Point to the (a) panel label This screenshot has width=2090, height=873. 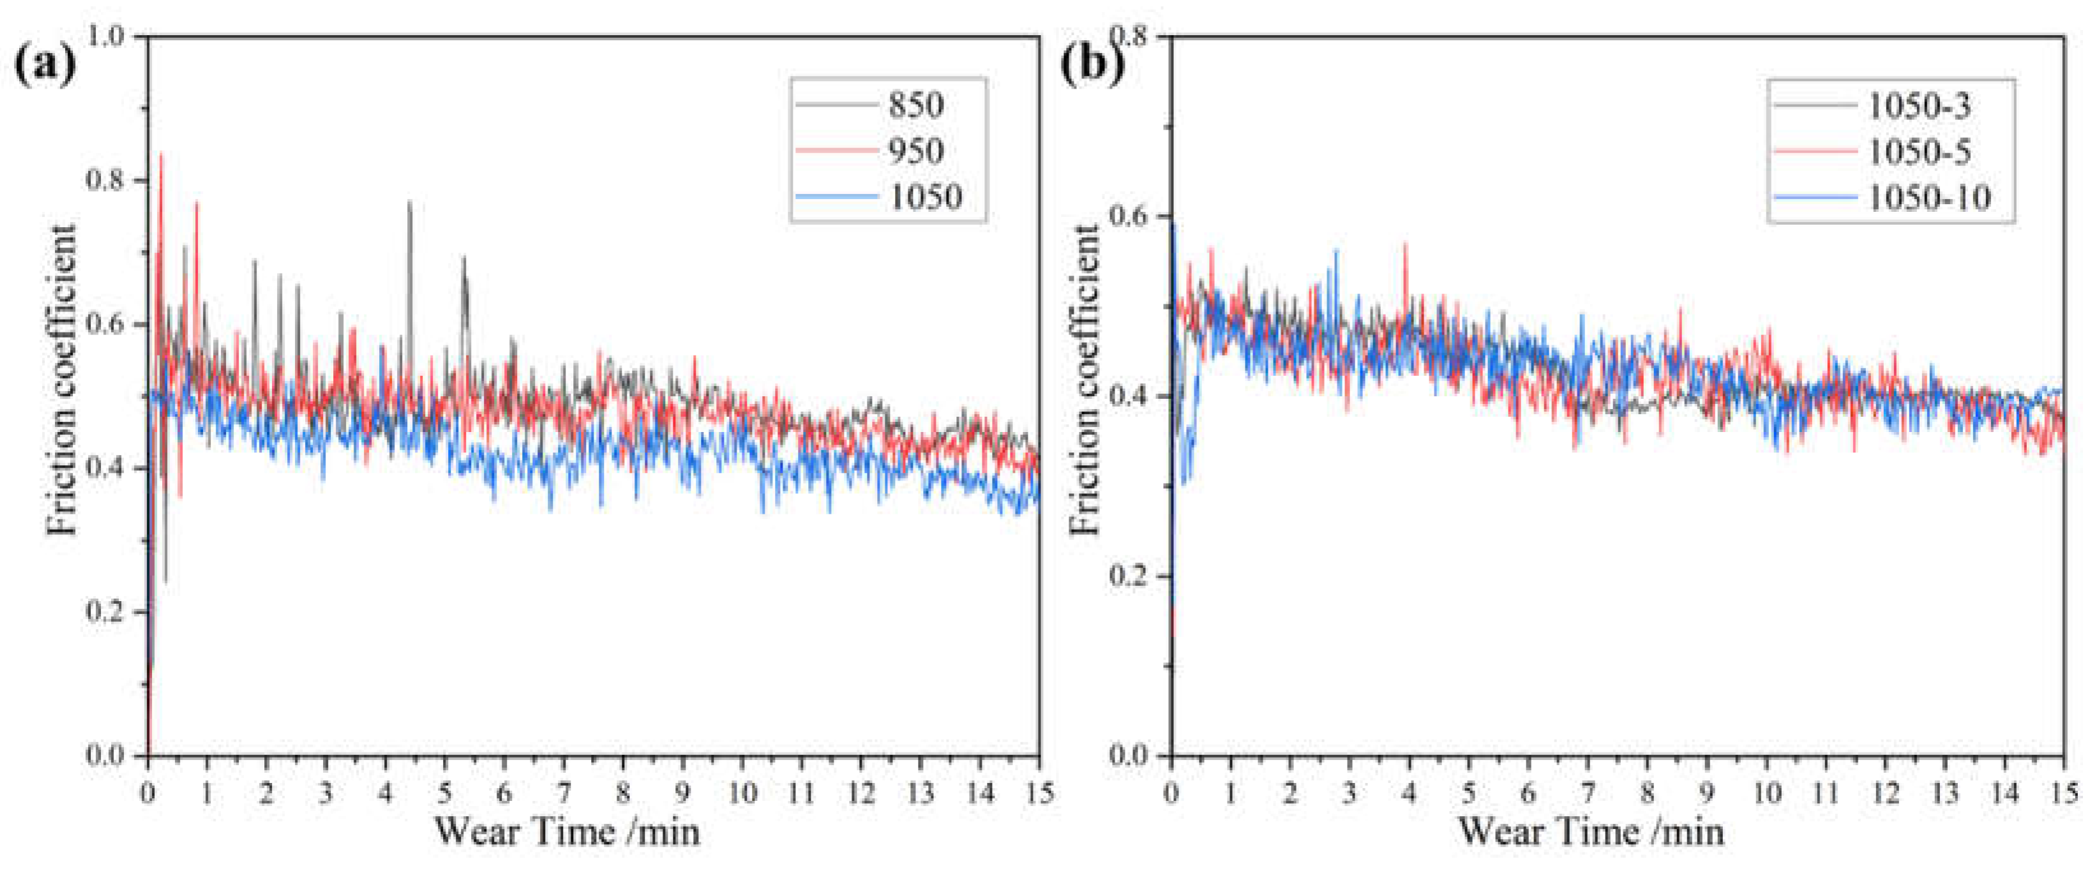[x=45, y=63]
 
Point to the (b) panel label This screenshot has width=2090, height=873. [x=1091, y=63]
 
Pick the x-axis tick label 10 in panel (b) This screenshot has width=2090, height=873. [x=1766, y=792]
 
